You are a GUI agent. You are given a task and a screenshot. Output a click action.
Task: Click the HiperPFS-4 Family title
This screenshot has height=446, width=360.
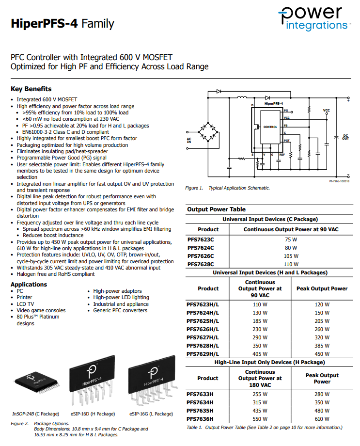point(63,23)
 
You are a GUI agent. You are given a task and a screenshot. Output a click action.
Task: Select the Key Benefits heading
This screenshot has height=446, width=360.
point(31,89)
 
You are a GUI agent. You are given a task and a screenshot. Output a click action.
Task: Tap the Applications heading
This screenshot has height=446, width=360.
point(29,285)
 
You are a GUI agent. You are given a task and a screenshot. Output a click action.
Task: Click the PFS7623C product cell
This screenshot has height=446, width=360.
point(200,239)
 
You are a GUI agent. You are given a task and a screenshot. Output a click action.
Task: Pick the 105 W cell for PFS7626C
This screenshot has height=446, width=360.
point(291,256)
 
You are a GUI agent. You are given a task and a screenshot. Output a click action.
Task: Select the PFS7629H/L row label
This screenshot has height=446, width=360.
point(203,354)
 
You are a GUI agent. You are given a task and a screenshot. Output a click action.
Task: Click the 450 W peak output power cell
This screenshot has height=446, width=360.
point(322,354)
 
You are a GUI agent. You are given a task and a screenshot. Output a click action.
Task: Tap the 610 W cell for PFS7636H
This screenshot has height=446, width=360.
point(322,419)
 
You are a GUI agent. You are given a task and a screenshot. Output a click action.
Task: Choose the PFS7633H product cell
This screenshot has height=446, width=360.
point(200,394)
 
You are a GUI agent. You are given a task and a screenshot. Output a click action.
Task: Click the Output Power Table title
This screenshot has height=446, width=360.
point(216,209)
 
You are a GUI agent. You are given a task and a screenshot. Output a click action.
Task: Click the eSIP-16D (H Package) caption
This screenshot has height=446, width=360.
point(93,414)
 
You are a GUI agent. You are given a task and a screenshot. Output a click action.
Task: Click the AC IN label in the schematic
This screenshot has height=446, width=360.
point(189,141)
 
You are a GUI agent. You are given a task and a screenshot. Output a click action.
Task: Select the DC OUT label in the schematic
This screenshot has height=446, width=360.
point(345,137)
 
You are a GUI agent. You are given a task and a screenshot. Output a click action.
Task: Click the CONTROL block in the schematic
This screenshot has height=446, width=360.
point(270,127)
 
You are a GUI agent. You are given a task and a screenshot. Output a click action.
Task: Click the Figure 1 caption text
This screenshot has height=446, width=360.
point(228,188)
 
